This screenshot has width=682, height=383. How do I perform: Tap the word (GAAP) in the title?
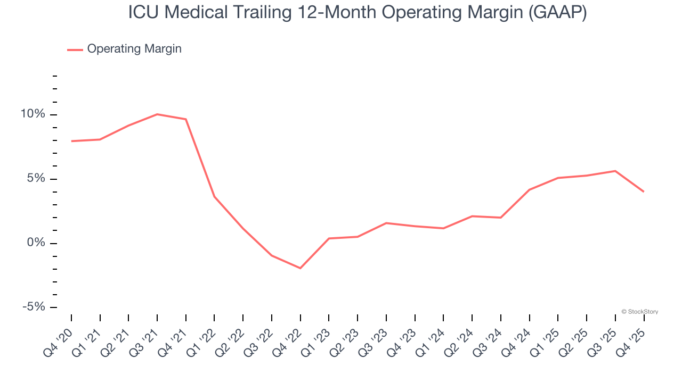[x=557, y=12]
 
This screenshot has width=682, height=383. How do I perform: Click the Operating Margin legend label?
[x=134, y=49]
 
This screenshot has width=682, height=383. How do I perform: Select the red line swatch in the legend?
[x=75, y=49]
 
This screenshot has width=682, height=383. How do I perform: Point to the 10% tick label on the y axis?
[x=33, y=114]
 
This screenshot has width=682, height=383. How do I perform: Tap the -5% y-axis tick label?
[x=33, y=307]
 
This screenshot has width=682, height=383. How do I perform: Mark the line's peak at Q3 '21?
[x=157, y=114]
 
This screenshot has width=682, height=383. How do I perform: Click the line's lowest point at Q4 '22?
[x=301, y=268]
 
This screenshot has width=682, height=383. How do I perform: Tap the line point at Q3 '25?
[x=615, y=171]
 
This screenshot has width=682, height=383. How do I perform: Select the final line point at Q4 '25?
[x=644, y=191]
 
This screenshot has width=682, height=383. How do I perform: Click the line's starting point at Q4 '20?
[x=71, y=141]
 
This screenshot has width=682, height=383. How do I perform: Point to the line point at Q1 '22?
[x=214, y=197]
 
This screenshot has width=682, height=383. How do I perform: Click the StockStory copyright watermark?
[x=639, y=312]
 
